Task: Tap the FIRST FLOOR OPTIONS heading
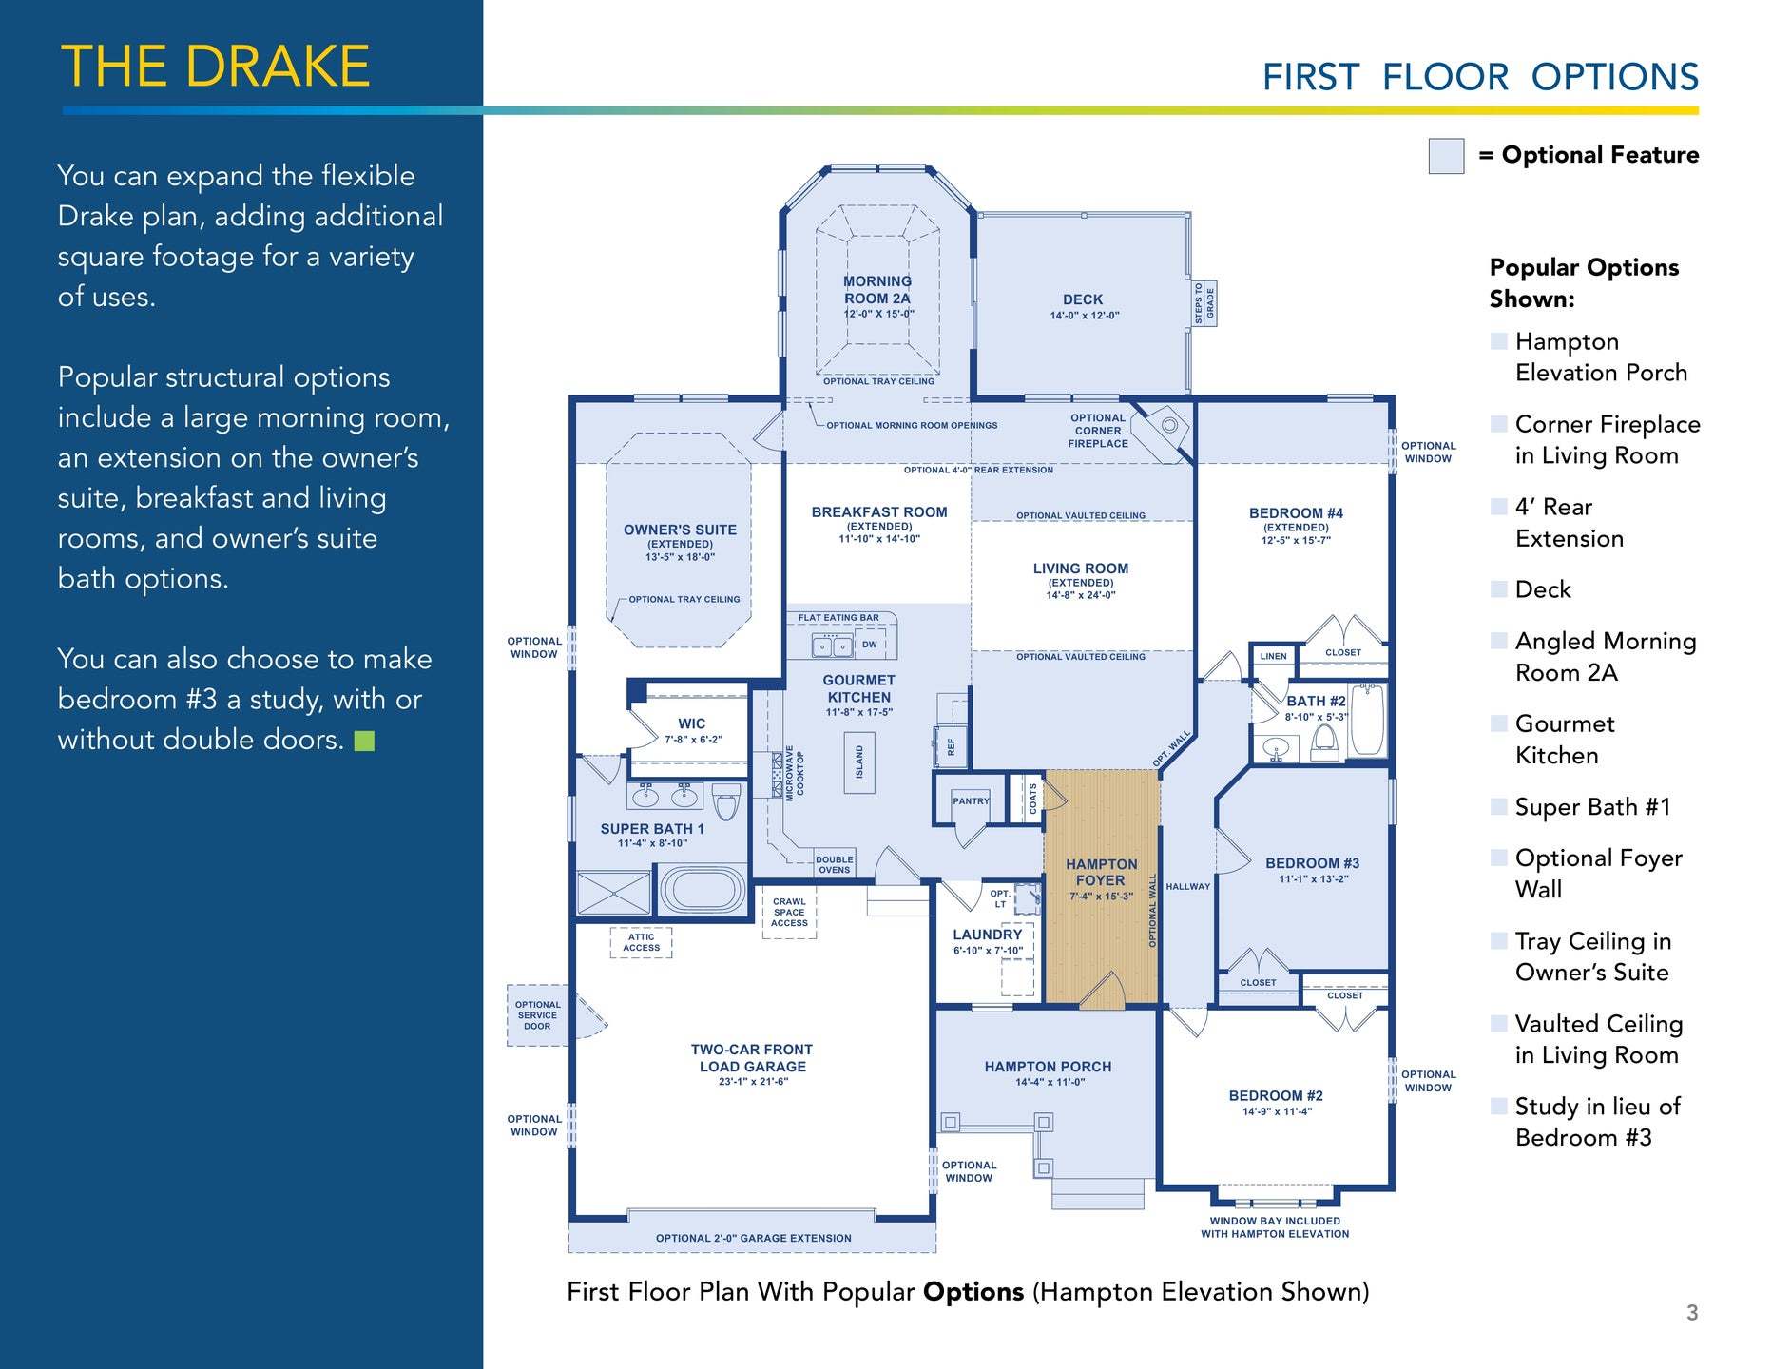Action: click(x=1480, y=77)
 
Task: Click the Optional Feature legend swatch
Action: click(x=1446, y=156)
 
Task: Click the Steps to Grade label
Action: click(x=1204, y=303)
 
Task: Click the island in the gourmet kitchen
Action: click(x=859, y=762)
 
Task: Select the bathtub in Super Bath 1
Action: click(x=703, y=890)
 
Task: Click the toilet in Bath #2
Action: click(x=1324, y=744)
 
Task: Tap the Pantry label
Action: click(x=971, y=801)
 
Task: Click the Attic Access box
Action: click(x=641, y=942)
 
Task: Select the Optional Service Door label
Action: click(x=537, y=1015)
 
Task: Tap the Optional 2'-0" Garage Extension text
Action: click(x=753, y=1238)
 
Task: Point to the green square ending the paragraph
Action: click(x=364, y=741)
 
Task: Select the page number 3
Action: click(x=1692, y=1313)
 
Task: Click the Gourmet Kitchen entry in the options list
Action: click(x=1564, y=740)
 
